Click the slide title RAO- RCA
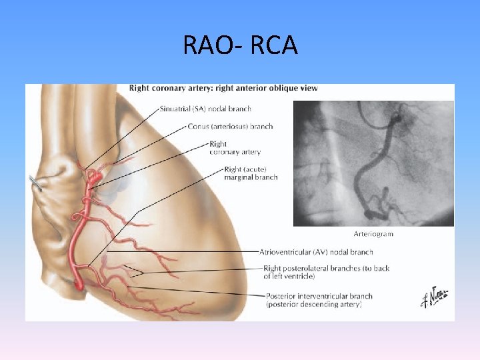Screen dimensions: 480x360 pyautogui.click(x=240, y=46)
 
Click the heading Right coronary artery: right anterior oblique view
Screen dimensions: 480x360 pyautogui.click(x=223, y=88)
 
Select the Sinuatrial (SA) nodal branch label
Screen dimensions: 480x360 pyautogui.click(x=205, y=109)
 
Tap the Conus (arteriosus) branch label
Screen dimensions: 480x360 pyautogui.click(x=231, y=126)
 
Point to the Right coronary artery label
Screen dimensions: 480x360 pyautogui.click(x=235, y=148)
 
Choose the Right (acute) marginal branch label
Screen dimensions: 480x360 pyautogui.click(x=251, y=173)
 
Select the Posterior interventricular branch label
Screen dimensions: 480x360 pyautogui.click(x=319, y=296)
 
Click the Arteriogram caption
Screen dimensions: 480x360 pyautogui.click(x=373, y=234)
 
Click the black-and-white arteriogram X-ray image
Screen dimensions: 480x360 pyautogui.click(x=373, y=163)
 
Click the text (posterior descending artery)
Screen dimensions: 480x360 pyautogui.click(x=314, y=304)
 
